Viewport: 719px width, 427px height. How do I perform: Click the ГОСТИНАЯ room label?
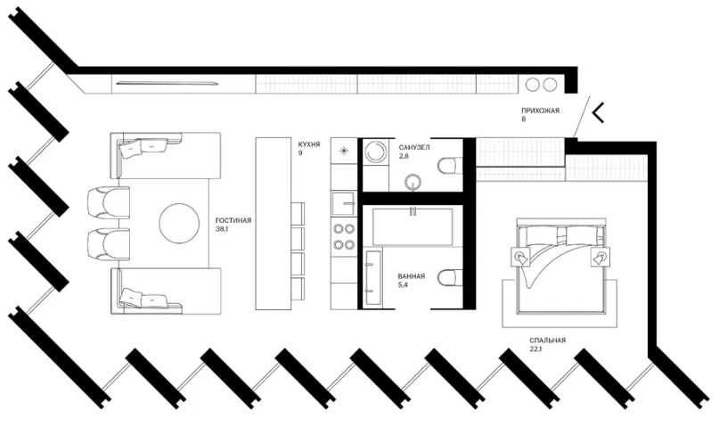coord(233,220)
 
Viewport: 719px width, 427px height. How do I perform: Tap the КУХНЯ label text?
coord(309,144)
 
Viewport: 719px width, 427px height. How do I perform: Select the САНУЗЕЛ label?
coord(414,148)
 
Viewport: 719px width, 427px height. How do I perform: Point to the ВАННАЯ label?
coord(412,276)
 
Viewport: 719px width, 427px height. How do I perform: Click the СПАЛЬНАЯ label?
coord(548,341)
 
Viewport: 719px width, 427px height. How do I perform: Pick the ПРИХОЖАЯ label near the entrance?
coord(540,111)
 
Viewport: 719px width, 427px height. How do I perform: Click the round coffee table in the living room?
coord(179,224)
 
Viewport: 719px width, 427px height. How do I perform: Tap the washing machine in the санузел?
coord(376,151)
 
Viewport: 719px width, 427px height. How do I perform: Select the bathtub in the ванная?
coord(413,226)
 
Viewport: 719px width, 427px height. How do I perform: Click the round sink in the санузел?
coord(413,182)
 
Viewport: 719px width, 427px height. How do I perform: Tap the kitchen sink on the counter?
coord(343,203)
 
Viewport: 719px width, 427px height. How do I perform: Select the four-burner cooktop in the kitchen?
coord(343,236)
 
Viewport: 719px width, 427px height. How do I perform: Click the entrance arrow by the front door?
coord(598,113)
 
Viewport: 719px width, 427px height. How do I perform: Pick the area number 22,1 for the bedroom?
coord(535,349)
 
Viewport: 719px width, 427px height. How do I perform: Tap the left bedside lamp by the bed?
coord(521,257)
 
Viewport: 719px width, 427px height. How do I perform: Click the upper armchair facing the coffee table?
coord(108,201)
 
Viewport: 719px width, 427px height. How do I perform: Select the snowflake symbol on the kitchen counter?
coord(342,151)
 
